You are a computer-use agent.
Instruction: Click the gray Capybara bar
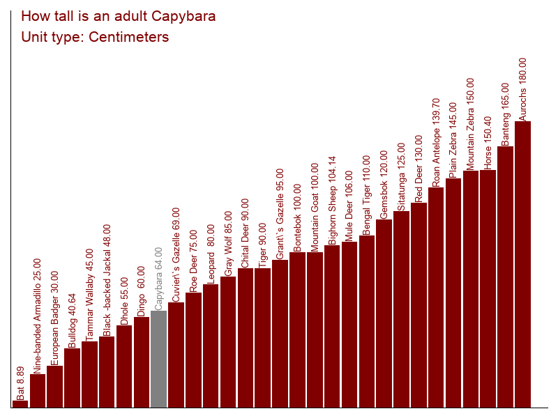[x=159, y=359]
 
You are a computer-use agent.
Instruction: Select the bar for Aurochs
[x=522, y=264]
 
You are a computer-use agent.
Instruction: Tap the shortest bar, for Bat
[x=20, y=404]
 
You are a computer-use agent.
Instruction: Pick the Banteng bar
[x=505, y=277]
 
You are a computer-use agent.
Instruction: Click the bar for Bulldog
[x=73, y=378]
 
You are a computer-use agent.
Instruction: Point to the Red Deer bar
[x=418, y=304]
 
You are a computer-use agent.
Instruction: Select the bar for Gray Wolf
[x=228, y=341]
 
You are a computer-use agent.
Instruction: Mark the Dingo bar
[x=142, y=362]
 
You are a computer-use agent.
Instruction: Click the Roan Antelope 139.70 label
[x=437, y=142]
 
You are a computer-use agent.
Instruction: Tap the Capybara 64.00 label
[x=159, y=279]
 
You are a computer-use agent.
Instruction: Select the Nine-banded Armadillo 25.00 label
[x=38, y=316]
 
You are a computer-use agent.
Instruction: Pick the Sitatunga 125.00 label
[x=401, y=176]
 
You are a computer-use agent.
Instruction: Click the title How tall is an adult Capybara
[x=119, y=16]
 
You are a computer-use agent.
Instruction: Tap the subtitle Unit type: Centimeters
[x=96, y=37]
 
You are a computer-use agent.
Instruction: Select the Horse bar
[x=488, y=288]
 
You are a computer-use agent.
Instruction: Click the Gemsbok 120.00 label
[x=384, y=185]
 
